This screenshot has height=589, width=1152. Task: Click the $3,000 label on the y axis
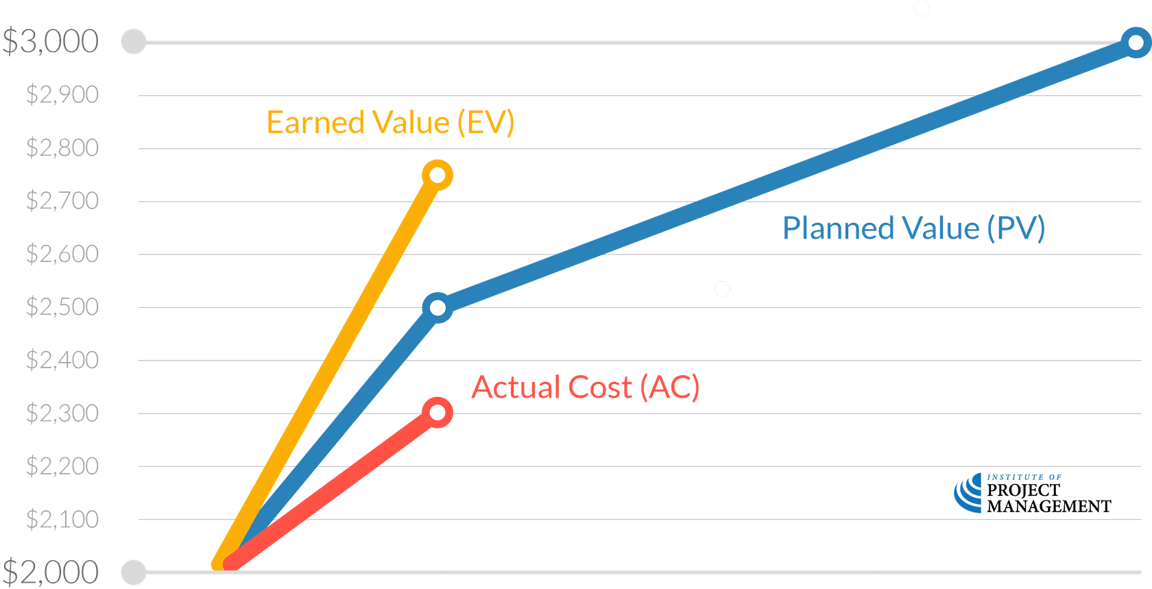coord(51,42)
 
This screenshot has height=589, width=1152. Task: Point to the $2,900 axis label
coord(62,95)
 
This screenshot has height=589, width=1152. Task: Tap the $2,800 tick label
coord(62,147)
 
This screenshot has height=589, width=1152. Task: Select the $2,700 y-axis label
coord(62,201)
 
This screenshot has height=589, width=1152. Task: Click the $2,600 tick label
coord(62,254)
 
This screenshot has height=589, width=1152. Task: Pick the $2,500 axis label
coord(62,306)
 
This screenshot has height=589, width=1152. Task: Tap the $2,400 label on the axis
coord(62,359)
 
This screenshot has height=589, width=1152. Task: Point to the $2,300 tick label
coord(62,413)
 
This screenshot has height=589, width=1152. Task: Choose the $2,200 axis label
coord(62,466)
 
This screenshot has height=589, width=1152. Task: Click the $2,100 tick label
coord(62,519)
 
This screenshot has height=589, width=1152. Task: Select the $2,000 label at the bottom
coord(51,571)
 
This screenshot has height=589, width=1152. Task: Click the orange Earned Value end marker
coord(437,175)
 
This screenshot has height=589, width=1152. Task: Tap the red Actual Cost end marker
coord(437,412)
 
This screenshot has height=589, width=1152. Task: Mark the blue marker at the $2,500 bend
coord(438,307)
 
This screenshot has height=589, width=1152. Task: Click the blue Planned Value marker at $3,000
coord(1136,43)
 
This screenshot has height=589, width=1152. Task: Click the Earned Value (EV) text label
coord(390,123)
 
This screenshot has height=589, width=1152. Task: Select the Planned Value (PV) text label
coord(913,228)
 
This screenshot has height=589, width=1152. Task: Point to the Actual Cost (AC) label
coord(586,388)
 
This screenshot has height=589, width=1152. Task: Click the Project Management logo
coord(1031,494)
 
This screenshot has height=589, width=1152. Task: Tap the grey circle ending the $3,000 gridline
coord(133,42)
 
